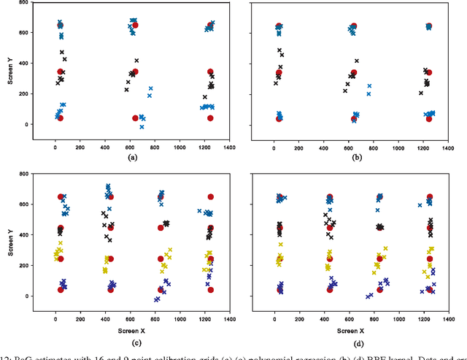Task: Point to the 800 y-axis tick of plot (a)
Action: click(x=25, y=4)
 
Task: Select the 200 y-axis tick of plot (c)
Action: click(x=25, y=266)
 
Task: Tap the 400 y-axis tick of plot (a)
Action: click(x=25, y=64)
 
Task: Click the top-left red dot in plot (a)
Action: click(x=61, y=26)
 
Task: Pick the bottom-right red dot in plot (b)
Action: click(x=428, y=118)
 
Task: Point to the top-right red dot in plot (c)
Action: click(x=210, y=197)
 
